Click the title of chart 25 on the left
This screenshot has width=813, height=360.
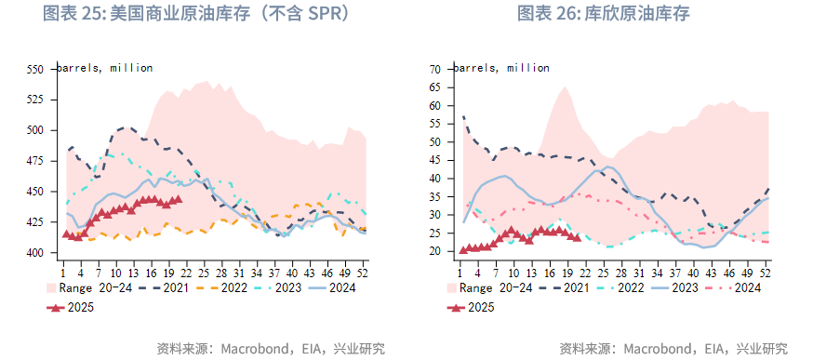(x=197, y=14)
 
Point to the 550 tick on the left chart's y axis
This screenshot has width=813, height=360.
(x=34, y=70)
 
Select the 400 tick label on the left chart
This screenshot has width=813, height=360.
(x=34, y=253)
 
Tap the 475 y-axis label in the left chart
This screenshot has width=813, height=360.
(x=34, y=161)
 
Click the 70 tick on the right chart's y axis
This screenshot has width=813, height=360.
(x=434, y=70)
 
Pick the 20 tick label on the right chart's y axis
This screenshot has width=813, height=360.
(x=434, y=252)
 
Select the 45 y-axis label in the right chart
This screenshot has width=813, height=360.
(x=434, y=161)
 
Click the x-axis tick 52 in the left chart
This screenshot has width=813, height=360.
(x=363, y=273)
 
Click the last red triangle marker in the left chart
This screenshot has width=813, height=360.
(x=178, y=199)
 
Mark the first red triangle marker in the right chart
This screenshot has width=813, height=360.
(x=463, y=249)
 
